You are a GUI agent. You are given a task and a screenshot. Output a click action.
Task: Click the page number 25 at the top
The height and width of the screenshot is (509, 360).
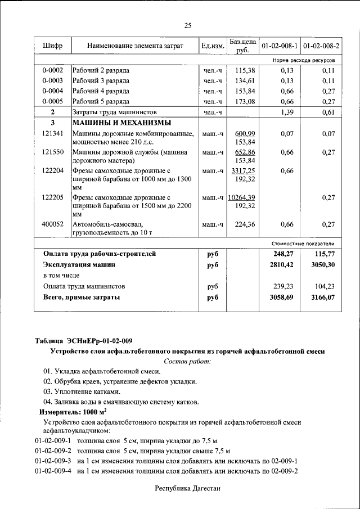(188, 25)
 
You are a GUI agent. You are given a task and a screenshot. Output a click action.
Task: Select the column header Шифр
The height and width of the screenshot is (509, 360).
(52, 46)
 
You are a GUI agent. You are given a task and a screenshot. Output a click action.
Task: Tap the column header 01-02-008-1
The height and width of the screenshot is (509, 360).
(280, 46)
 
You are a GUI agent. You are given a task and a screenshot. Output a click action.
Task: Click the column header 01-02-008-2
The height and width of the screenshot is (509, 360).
(321, 46)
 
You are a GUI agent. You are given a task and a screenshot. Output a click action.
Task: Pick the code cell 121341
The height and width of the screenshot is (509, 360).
(52, 134)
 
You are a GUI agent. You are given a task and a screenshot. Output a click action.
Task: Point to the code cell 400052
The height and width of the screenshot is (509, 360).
(52, 224)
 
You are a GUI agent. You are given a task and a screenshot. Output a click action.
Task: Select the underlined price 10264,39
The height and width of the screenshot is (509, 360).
(242, 197)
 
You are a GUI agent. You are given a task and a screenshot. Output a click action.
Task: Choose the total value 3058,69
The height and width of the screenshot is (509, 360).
(283, 296)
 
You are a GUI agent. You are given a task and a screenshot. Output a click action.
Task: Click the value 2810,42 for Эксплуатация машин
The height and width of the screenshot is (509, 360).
(283, 264)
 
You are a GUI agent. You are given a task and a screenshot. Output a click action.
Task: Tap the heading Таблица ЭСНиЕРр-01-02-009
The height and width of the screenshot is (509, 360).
(84, 341)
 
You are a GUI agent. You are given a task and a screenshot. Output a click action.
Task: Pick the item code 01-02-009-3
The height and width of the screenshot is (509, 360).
(52, 461)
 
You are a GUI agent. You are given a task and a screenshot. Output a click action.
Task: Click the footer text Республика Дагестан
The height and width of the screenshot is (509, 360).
(187, 489)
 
